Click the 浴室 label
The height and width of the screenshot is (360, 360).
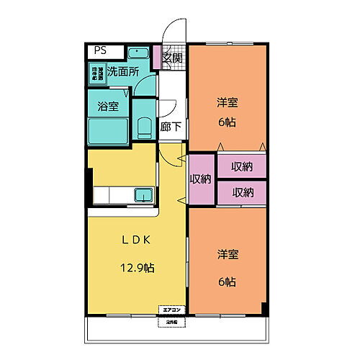(108, 107)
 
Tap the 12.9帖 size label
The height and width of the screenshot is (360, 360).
(137, 268)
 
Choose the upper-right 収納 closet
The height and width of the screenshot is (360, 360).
(241, 166)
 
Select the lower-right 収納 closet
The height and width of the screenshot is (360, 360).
(241, 192)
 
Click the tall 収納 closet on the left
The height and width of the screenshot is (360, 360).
(201, 179)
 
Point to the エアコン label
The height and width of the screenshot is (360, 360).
(172, 310)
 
